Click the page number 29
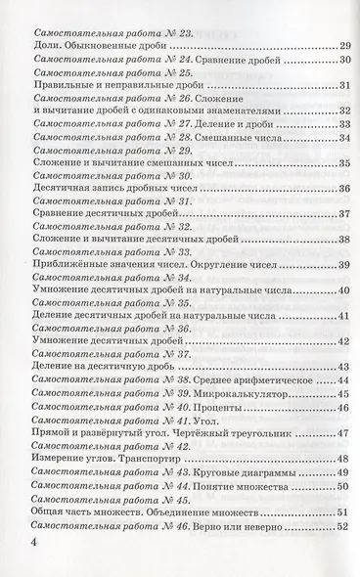click(344, 45)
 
